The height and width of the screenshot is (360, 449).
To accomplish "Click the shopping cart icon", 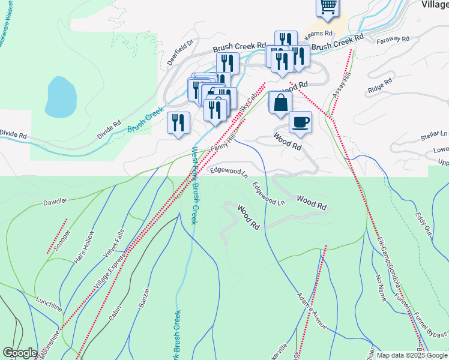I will (328, 6).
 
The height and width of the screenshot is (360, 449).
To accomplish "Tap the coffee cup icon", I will (300, 122).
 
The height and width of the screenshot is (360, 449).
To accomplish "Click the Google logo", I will (20, 353).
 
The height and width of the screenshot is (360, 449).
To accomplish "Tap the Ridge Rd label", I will (380, 84).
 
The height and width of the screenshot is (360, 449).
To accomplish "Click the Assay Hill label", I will (341, 88).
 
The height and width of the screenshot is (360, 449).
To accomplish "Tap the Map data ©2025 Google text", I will (412, 355).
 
